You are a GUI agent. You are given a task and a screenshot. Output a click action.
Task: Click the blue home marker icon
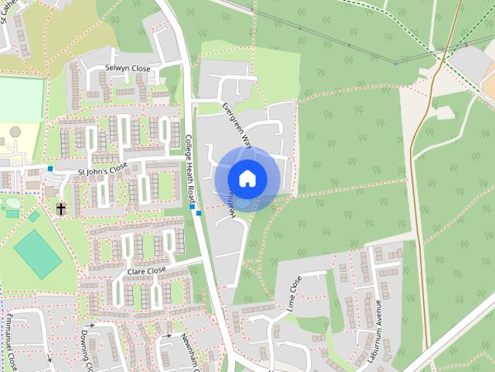click(247, 178)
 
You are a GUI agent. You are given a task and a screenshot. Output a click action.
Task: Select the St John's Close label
click(101, 167)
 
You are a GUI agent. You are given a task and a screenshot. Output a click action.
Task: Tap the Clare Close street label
click(146, 270)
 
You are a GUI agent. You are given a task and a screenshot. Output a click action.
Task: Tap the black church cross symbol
click(60, 208)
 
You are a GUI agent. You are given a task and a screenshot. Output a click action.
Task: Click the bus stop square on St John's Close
click(50, 168)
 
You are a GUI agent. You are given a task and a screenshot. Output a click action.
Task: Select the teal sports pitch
click(37, 253)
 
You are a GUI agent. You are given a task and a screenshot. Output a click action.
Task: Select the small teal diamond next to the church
click(34, 217)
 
